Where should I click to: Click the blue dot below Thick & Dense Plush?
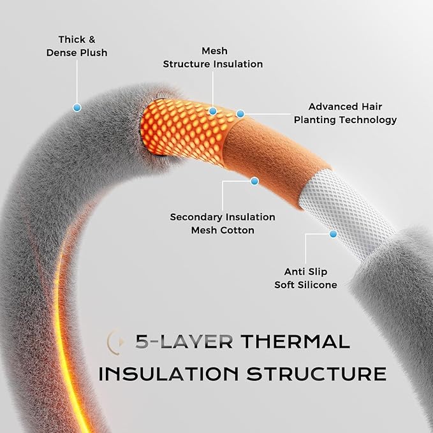(77, 107)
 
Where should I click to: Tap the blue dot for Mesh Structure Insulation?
(212, 111)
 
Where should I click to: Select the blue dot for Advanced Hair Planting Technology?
(240, 114)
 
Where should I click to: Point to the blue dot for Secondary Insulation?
(254, 181)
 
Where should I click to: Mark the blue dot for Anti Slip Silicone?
(334, 234)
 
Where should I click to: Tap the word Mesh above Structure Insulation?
(214, 51)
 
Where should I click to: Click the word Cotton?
(237, 230)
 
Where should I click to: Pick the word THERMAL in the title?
(295, 341)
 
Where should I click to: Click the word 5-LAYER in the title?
(184, 341)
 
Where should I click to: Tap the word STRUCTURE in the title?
(316, 374)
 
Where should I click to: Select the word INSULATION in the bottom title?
(168, 374)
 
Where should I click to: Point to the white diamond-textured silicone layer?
(347, 212)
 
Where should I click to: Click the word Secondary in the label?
(194, 217)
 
